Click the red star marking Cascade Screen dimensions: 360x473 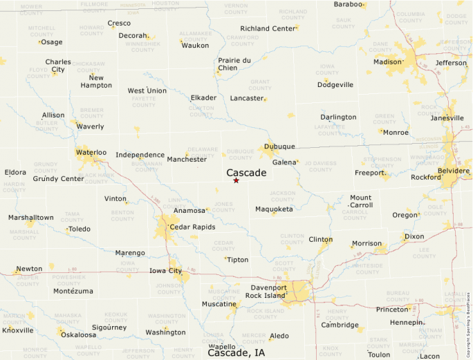[236, 180]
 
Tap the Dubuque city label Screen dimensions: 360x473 [279, 146]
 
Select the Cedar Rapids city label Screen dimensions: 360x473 [192, 227]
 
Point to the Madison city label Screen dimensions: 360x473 [387, 61]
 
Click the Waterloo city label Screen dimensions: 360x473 [91, 152]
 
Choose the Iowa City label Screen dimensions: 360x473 [165, 271]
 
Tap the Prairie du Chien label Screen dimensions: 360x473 [234, 64]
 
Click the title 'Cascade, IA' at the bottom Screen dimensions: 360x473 [236, 352]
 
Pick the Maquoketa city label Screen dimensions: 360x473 [274, 209]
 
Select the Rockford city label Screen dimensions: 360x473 [426, 177]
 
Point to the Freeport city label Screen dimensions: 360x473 [369, 173]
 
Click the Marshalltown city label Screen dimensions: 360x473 [30, 217]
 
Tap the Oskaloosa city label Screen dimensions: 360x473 [79, 334]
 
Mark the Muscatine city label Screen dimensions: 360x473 [219, 304]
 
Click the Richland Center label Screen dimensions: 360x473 [268, 28]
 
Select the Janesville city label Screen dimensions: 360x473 [447, 117]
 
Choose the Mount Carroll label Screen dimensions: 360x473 [361, 201]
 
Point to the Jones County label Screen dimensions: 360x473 [223, 207]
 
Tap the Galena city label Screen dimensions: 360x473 [284, 162]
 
